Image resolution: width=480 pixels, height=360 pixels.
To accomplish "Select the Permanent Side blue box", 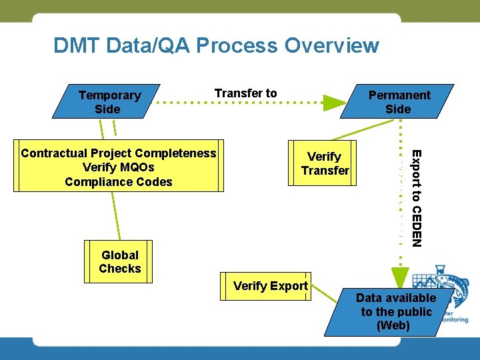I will coord(398,102).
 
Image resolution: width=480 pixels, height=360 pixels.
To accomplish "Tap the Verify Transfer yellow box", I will coord(325,163).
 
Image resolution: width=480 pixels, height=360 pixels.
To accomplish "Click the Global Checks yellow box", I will coord(119,262).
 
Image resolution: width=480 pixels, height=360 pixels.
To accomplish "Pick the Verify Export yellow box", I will coord(270,286).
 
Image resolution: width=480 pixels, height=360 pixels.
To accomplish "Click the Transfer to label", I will coord(245,93).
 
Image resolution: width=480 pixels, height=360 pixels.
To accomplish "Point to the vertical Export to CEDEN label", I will coord(416,198).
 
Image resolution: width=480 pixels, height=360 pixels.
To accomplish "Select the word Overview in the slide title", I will coord(331,46).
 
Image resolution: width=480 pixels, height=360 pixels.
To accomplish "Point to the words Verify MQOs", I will coord(119,167).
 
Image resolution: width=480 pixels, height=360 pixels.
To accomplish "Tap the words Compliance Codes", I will coord(119,182).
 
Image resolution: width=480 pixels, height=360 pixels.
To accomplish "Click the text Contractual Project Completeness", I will coord(119,153).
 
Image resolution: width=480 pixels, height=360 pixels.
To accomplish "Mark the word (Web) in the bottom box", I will coord(393,326).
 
